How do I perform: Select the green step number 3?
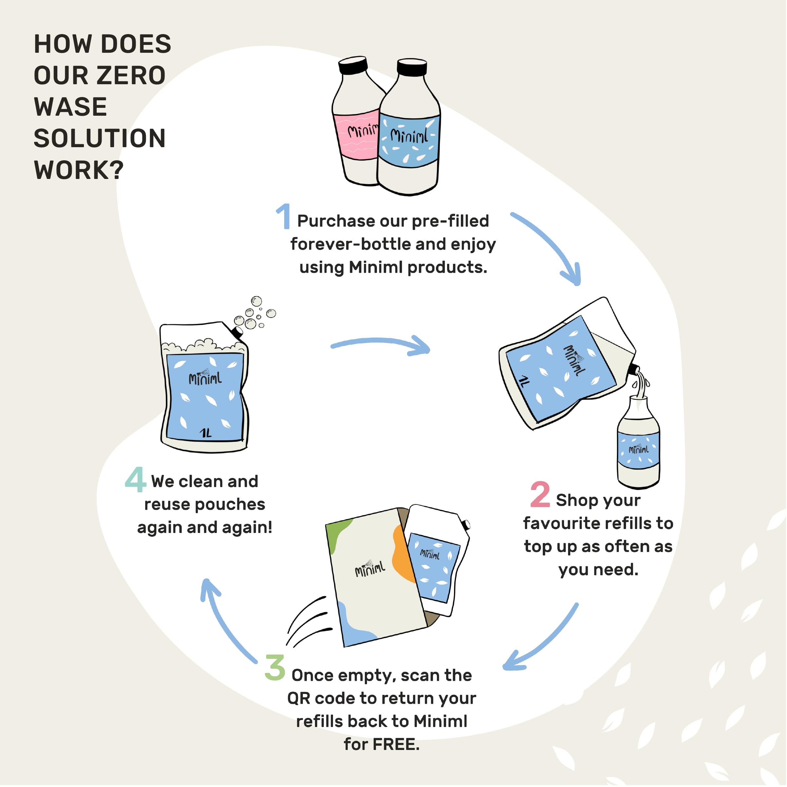tap(275, 668)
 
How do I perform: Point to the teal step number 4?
tap(136, 480)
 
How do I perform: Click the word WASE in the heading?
tap(70, 107)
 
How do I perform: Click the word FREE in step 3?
tap(396, 744)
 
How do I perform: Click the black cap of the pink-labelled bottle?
tap(353, 66)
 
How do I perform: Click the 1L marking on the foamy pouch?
tap(207, 433)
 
